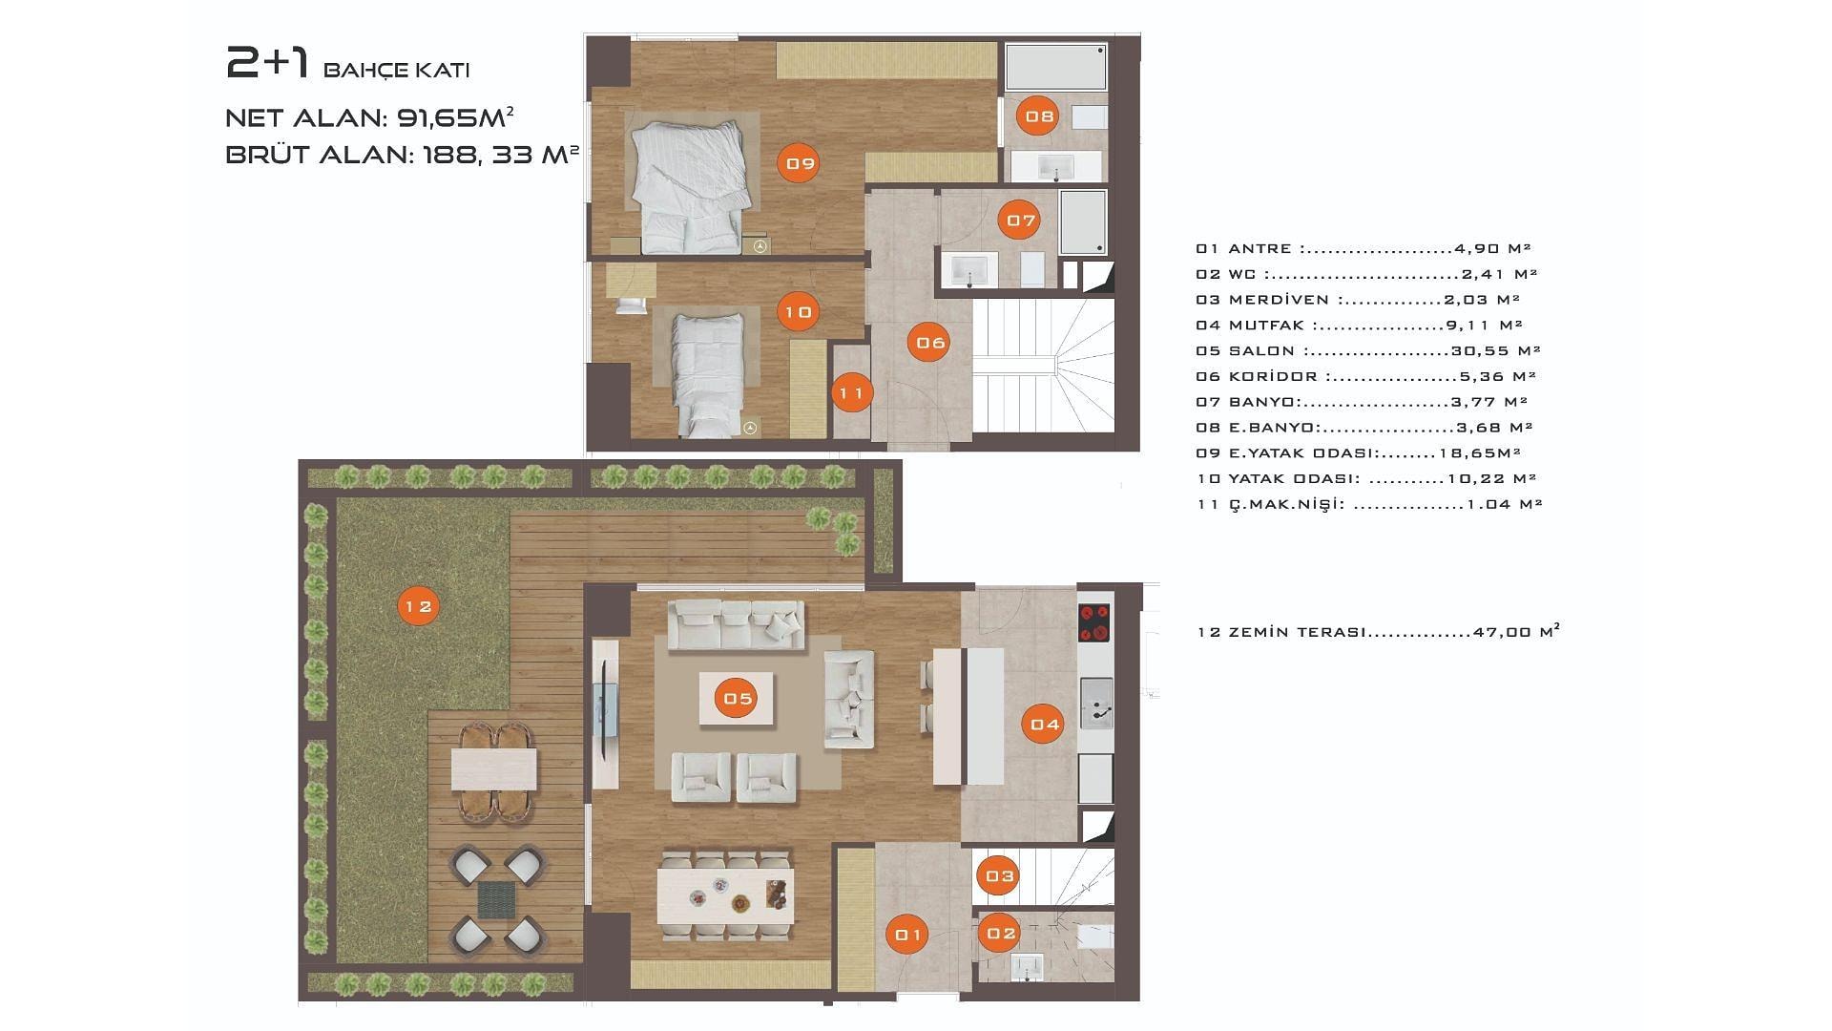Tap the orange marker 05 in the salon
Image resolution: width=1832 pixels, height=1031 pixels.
coord(738,698)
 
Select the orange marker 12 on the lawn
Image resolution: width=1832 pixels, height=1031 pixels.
coord(418,605)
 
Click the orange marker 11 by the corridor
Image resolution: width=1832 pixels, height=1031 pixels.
coord(851,392)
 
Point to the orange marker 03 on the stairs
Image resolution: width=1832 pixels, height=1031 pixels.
coord(999,875)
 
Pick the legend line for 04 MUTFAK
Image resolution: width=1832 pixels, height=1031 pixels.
coord(1359,326)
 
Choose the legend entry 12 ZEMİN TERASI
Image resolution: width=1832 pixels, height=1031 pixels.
coord(1378,631)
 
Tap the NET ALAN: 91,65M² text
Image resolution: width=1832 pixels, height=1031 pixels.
coord(369,117)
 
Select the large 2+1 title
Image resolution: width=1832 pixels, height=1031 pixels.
coord(268,63)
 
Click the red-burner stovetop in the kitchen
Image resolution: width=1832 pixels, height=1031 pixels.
coord(1093,623)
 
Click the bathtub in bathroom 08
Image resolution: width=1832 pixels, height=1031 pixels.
coord(1056,67)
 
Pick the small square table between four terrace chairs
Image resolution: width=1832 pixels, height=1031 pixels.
coord(496,900)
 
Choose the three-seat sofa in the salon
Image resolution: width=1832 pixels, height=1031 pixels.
coord(736,625)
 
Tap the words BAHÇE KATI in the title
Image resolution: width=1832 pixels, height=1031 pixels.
coord(397,70)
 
